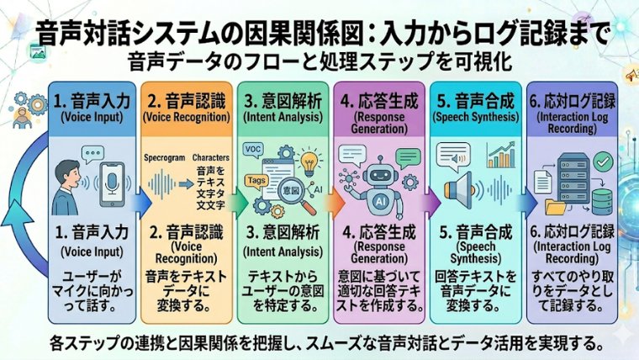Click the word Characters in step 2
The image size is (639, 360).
click(x=211, y=158)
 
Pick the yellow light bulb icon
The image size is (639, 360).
click(x=309, y=161)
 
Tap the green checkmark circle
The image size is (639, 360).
click(x=601, y=159)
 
